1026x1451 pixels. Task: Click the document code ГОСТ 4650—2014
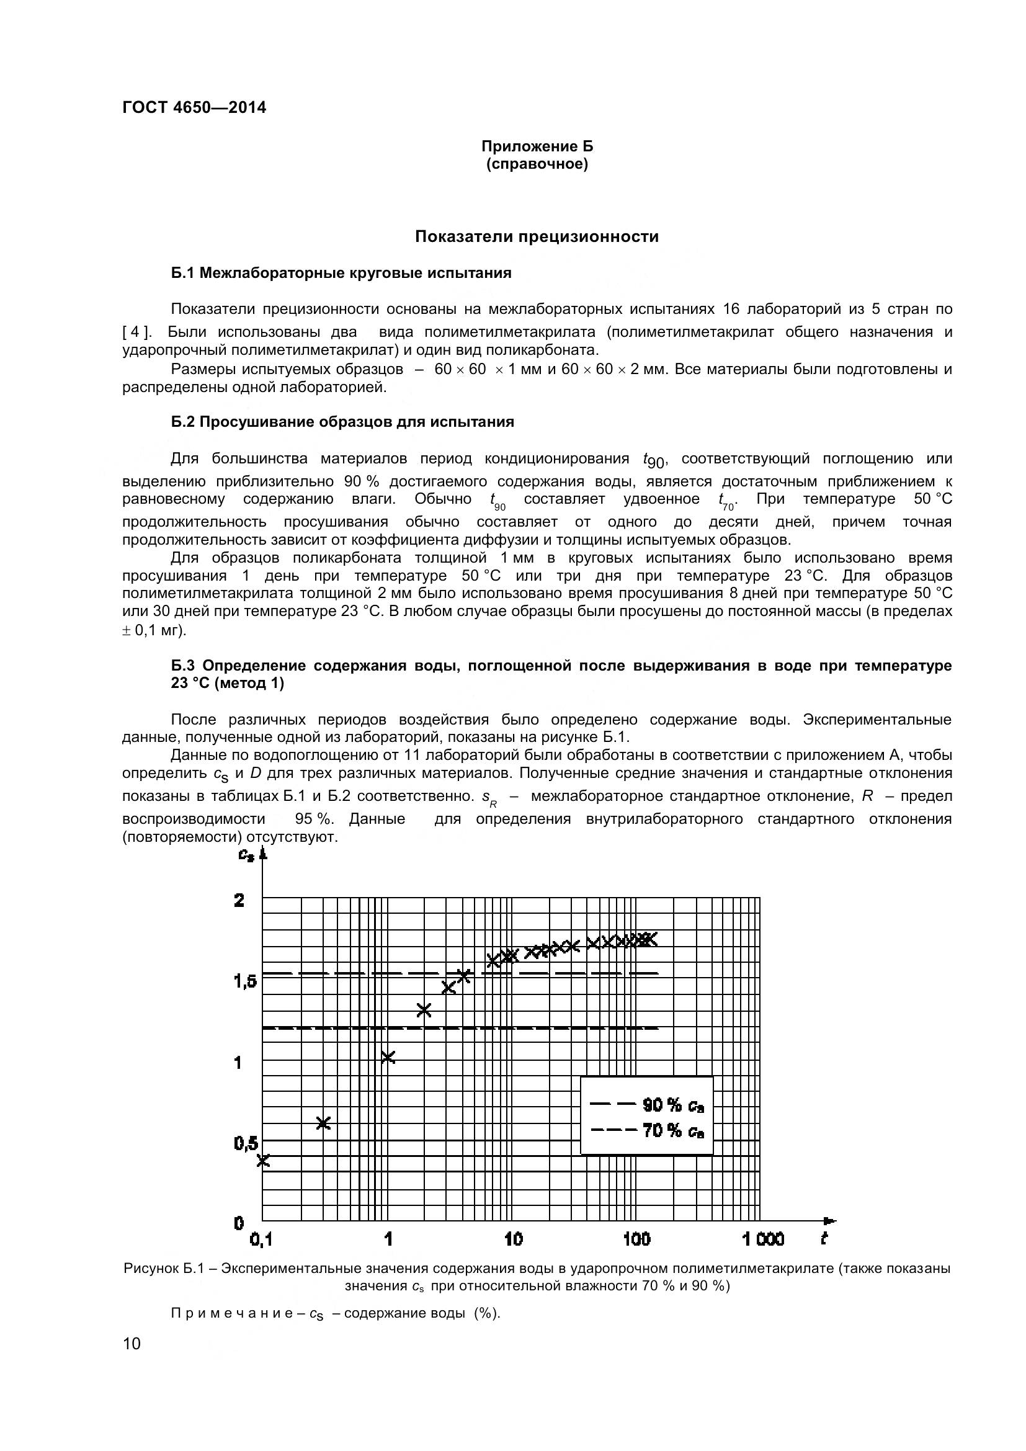pyautogui.click(x=194, y=107)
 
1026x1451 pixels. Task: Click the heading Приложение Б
pyautogui.click(x=537, y=146)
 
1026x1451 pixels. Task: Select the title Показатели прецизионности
pyautogui.click(x=537, y=236)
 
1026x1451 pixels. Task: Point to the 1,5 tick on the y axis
pyautogui.click(x=246, y=981)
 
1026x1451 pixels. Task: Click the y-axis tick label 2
pyautogui.click(x=239, y=901)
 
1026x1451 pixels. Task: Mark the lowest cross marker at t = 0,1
pyautogui.click(x=263, y=1159)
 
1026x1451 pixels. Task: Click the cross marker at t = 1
pyautogui.click(x=388, y=1056)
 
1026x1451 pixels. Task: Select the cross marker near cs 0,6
pyautogui.click(x=323, y=1122)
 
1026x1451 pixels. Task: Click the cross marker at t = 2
pyautogui.click(x=424, y=1010)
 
